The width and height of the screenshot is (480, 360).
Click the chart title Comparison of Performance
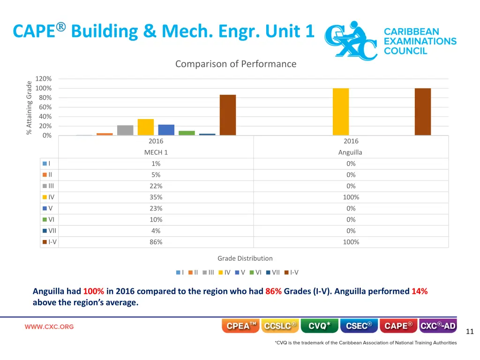[235, 64]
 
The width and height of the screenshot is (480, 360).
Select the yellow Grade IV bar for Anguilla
[341, 112]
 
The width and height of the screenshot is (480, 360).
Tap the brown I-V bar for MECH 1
[228, 115]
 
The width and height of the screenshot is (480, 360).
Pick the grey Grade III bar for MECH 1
[125, 130]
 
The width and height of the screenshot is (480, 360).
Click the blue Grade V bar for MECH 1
[166, 130]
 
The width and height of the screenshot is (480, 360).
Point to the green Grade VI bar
[187, 133]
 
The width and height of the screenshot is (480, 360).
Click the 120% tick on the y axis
[44, 79]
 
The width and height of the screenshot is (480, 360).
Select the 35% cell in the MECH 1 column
[156, 197]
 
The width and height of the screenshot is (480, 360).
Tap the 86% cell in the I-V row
[156, 242]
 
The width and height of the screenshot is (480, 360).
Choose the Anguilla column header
[351, 152]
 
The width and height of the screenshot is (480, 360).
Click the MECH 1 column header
[156, 152]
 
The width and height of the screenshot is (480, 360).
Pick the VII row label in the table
[52, 231]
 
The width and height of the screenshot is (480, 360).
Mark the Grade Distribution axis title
[245, 258]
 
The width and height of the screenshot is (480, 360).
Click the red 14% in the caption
[420, 291]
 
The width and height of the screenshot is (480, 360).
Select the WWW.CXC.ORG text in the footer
[49, 327]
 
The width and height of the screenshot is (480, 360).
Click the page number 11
[470, 332]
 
